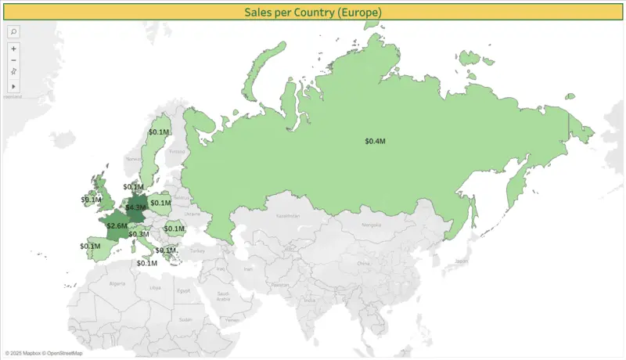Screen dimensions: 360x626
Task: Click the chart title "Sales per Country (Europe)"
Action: (312, 13)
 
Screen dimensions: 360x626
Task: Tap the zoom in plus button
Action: (13, 49)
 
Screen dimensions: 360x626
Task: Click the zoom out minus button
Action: (13, 59)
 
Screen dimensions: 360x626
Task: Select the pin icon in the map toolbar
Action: (13, 71)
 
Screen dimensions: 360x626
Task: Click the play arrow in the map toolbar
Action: (13, 85)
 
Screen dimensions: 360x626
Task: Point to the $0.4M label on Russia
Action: (375, 141)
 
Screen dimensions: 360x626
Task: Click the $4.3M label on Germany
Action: (136, 207)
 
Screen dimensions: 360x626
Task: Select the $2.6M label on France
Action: (117, 225)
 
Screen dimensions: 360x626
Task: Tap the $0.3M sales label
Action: (139, 234)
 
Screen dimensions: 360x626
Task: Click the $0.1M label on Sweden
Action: (159, 132)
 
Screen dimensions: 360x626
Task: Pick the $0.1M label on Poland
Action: (160, 203)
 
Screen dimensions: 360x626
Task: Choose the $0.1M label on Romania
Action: (174, 229)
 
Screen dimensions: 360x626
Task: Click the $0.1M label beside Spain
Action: (90, 246)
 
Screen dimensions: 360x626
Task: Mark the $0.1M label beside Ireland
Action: (92, 200)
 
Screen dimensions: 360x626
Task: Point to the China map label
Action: (362, 264)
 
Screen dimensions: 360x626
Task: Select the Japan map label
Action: (461, 261)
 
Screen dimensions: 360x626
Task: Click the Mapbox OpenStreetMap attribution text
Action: (44, 353)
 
